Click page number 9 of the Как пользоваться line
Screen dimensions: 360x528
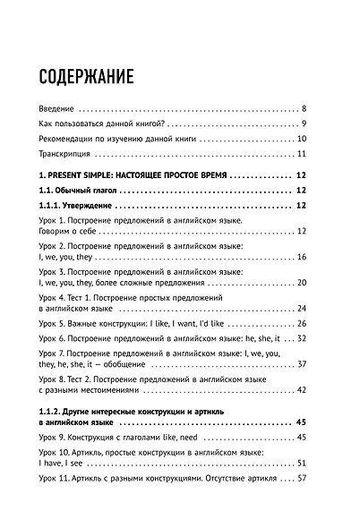coord(304,123)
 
